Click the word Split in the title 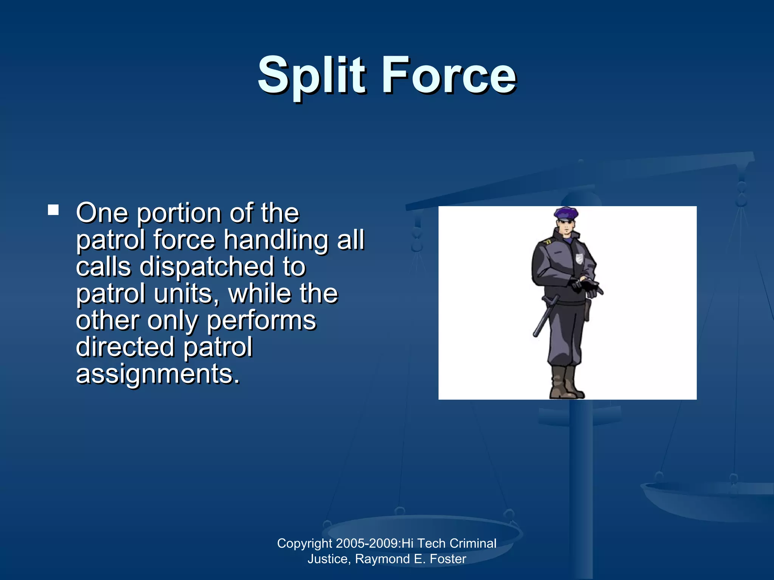click(x=311, y=76)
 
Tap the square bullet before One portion click(x=53, y=210)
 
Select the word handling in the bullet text click(x=276, y=241)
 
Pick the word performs click(x=261, y=321)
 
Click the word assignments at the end click(x=158, y=374)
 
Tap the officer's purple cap click(x=566, y=214)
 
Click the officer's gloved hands click(x=586, y=286)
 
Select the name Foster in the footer click(x=448, y=559)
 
